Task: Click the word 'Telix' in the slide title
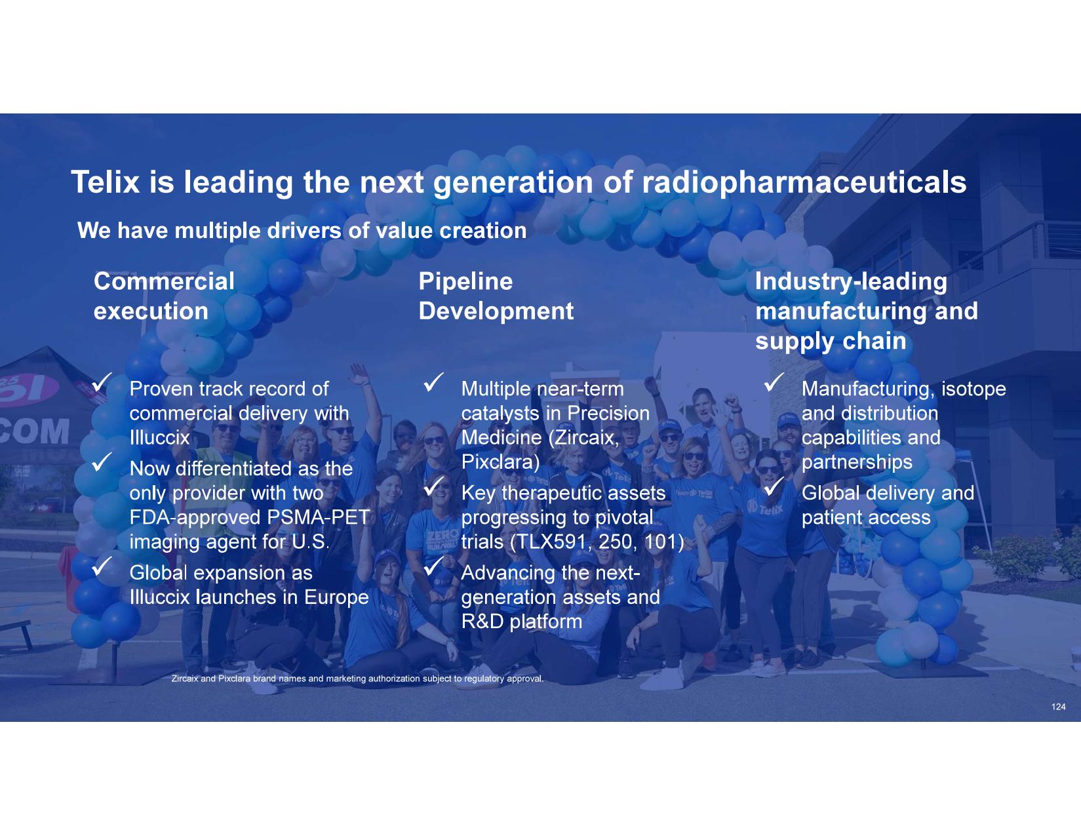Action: pyautogui.click(x=106, y=182)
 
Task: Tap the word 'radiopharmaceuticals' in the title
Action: pyautogui.click(x=804, y=182)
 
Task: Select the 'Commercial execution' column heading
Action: pyautogui.click(x=164, y=296)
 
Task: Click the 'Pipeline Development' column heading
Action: pyautogui.click(x=496, y=296)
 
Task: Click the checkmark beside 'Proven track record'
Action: pyautogui.click(x=102, y=382)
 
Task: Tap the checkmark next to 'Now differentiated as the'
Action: pyautogui.click(x=102, y=462)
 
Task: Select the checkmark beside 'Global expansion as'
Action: pyautogui.click(x=102, y=566)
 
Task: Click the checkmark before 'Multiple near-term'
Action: pyautogui.click(x=434, y=382)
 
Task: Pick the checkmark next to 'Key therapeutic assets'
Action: pyautogui.click(x=434, y=486)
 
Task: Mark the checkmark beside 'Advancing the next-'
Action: pyautogui.click(x=434, y=566)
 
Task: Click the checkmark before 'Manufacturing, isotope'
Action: pyautogui.click(x=774, y=382)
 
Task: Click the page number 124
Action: pyautogui.click(x=1059, y=707)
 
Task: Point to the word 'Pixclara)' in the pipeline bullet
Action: pyautogui.click(x=500, y=462)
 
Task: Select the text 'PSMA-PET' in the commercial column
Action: pyautogui.click(x=319, y=517)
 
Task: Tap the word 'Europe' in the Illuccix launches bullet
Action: pyautogui.click(x=336, y=598)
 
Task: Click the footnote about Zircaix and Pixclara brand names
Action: pyautogui.click(x=357, y=679)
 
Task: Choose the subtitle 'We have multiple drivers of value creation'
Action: pyautogui.click(x=302, y=231)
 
